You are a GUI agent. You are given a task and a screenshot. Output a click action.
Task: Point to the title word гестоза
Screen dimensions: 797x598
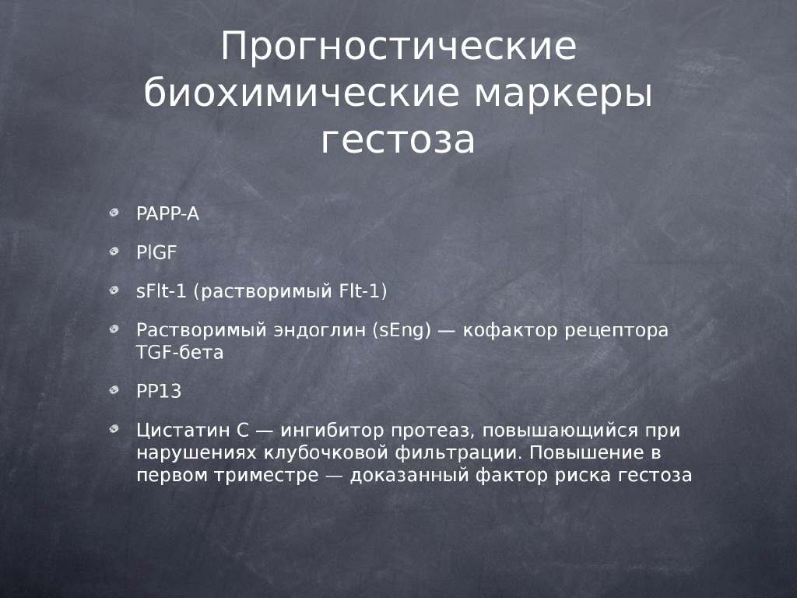[398, 140]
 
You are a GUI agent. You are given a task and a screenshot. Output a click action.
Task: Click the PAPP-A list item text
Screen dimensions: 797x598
[168, 213]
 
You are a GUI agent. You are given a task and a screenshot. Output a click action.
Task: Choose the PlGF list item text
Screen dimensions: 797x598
[156, 252]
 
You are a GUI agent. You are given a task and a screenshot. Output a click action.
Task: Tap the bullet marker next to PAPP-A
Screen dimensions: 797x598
[114, 213]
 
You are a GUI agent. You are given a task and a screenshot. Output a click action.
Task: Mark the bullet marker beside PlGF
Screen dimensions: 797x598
[114, 252]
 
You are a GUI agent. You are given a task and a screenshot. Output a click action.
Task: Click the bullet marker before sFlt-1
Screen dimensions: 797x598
[114, 290]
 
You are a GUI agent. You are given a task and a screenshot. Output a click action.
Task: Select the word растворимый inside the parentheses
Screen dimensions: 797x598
[266, 292]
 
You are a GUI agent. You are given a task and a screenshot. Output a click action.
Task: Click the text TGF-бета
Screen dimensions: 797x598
[180, 353]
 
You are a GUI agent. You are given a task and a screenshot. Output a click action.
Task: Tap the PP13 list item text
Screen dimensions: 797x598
[159, 391]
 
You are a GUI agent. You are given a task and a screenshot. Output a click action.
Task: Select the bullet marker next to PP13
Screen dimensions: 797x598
[114, 390]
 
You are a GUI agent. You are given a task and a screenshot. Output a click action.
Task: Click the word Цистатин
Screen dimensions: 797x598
[193, 431]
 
